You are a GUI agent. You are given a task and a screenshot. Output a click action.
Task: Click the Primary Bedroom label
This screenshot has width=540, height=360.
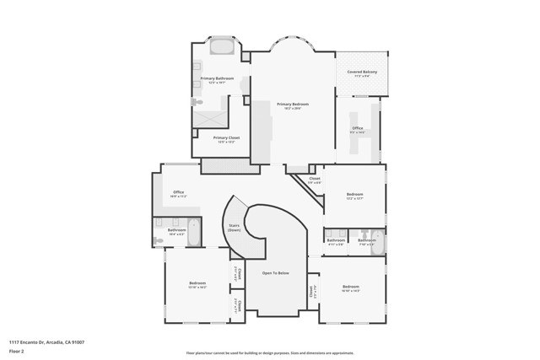(293, 105)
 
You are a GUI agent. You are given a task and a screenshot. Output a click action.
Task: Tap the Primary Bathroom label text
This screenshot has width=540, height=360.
(217, 79)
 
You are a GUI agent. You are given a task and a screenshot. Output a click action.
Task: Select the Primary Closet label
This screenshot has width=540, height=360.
(226, 138)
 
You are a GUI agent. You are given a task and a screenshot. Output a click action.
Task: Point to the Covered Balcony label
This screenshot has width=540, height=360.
(361, 73)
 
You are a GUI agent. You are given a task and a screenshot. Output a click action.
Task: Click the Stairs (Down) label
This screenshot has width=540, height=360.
(235, 227)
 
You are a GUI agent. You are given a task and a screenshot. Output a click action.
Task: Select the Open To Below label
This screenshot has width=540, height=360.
(276, 273)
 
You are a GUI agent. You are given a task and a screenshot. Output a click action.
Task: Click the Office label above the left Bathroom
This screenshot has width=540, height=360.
(178, 193)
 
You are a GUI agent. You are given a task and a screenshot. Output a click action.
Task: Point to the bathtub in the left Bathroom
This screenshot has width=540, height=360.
(193, 232)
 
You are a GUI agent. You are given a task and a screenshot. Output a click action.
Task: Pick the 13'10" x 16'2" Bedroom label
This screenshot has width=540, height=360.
(197, 284)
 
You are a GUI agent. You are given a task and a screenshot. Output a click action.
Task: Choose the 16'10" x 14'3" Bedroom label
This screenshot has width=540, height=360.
(351, 288)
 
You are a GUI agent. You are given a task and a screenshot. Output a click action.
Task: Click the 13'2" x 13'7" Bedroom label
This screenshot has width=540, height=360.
(354, 196)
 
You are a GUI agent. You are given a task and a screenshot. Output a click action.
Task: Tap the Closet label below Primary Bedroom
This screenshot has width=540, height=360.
(314, 179)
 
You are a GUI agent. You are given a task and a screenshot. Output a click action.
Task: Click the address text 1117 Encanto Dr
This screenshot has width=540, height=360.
(46, 342)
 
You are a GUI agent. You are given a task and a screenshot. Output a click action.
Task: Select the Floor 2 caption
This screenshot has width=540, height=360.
(17, 351)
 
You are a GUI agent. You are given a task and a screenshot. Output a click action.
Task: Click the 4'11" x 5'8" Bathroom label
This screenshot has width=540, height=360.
(336, 241)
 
